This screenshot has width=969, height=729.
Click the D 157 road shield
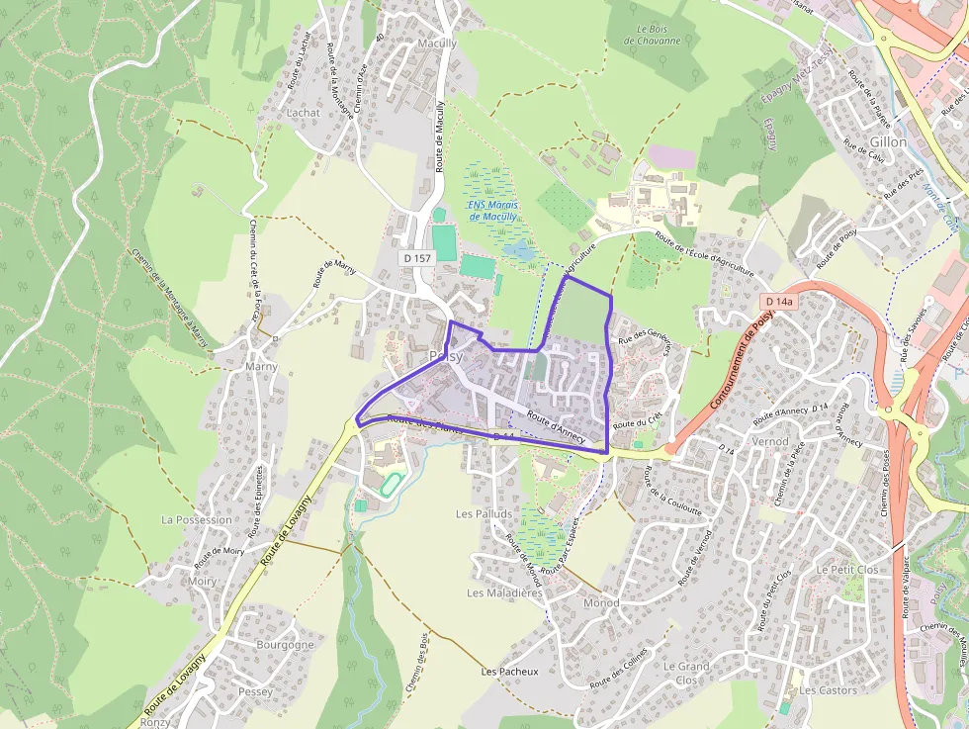(x=417, y=258)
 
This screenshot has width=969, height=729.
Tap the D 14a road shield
(x=778, y=301)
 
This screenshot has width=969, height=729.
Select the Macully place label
(x=437, y=44)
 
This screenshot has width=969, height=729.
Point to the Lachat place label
(x=303, y=113)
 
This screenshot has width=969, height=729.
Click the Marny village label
(x=261, y=367)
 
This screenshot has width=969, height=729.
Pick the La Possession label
(x=197, y=520)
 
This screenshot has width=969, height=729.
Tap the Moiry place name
(x=201, y=582)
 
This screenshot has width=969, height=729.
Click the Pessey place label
(x=255, y=692)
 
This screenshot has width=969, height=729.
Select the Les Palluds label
(x=484, y=514)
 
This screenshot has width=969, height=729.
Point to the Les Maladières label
(x=504, y=593)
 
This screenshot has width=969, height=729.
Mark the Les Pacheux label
(x=509, y=672)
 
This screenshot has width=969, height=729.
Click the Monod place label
(x=601, y=602)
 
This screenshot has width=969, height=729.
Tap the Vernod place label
(x=770, y=441)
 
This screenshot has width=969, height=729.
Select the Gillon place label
(x=888, y=142)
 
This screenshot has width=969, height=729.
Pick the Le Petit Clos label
(x=847, y=571)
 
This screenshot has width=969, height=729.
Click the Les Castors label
(x=828, y=690)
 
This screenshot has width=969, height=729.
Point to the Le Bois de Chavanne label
(x=653, y=35)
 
